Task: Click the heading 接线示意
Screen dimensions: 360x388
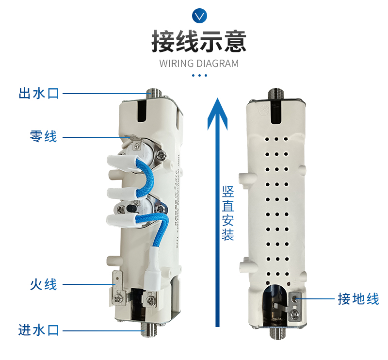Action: (199, 41)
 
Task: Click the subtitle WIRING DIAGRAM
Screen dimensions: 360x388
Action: (199, 64)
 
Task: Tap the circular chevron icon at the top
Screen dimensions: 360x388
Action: (199, 16)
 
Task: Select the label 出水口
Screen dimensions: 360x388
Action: (39, 93)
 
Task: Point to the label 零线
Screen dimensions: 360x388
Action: (44, 137)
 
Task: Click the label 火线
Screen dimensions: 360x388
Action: (44, 284)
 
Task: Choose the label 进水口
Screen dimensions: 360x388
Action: (39, 330)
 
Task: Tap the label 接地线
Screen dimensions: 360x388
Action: (358, 299)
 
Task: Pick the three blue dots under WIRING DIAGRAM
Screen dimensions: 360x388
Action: (199, 75)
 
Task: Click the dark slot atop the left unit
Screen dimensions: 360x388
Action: (141, 111)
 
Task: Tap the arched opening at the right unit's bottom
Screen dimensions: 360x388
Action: (275, 306)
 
